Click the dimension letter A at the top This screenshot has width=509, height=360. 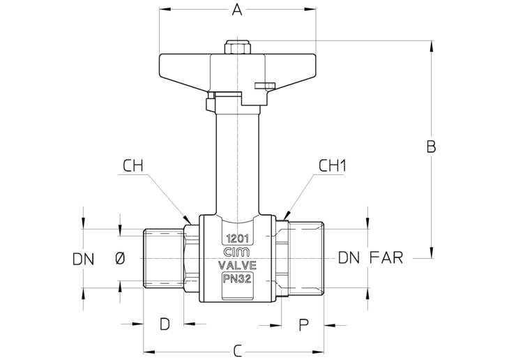237,10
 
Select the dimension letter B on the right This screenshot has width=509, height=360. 431,147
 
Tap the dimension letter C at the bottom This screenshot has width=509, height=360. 238,351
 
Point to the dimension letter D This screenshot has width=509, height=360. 165,324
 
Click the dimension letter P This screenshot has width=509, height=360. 303,324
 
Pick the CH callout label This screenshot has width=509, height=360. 132,166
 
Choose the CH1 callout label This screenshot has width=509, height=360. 333,166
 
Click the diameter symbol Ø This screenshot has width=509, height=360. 120,259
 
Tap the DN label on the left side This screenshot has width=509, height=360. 84,260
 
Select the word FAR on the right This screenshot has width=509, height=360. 386,257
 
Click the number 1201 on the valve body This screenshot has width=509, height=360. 238,239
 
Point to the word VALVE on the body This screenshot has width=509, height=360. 237,265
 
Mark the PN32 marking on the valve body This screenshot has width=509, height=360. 237,279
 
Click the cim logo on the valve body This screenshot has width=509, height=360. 237,253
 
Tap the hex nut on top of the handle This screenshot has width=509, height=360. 237,47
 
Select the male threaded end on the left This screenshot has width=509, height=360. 164,259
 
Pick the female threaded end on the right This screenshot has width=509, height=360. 306,259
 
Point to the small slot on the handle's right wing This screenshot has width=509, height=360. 265,85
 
